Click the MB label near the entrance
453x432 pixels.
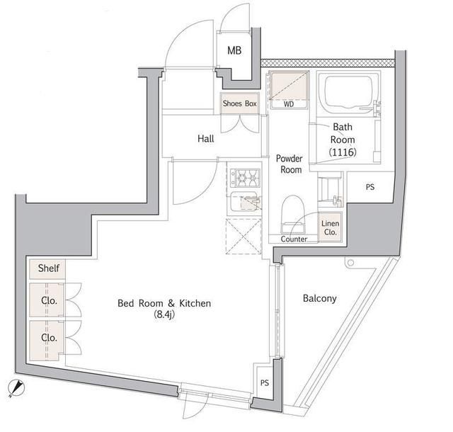pos(234,50)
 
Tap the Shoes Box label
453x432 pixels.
pos(239,103)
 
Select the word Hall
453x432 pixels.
pos(205,139)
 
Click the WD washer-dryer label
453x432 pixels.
pos(288,104)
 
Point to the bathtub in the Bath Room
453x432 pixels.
pos(346,92)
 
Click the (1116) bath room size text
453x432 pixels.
pos(343,152)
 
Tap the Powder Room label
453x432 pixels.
pos(289,164)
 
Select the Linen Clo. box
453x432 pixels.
pos(331,226)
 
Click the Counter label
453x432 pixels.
pos(294,239)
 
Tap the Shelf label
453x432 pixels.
pos(48,268)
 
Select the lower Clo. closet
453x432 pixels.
pos(48,338)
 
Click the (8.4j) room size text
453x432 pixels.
pos(164,317)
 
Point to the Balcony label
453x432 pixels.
pos(319,298)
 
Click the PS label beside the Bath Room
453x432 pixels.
pos(369,188)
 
